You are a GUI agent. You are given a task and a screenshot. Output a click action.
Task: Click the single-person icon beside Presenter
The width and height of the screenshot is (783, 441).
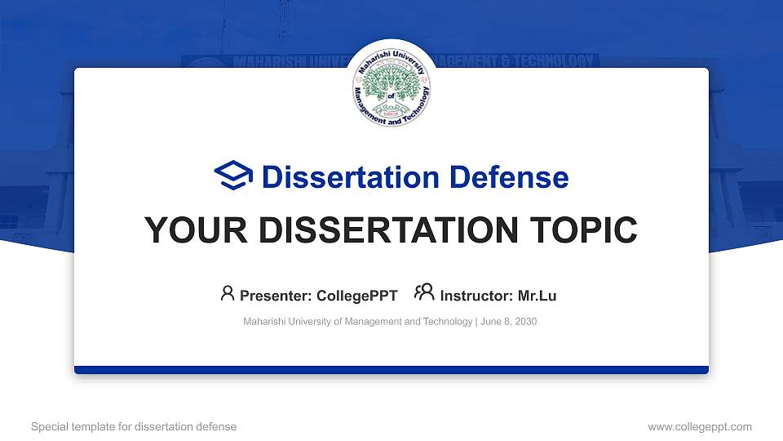[228, 292]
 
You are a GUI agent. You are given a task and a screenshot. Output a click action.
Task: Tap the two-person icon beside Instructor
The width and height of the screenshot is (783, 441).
[424, 292]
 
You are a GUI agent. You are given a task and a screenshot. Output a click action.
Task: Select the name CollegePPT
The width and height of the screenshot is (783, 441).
[356, 296]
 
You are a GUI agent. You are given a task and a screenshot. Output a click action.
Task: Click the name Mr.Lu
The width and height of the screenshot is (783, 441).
[537, 296]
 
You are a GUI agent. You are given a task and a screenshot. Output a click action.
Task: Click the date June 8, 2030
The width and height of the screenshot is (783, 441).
[509, 322]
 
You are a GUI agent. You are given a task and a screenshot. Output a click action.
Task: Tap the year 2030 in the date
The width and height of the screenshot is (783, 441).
[525, 322]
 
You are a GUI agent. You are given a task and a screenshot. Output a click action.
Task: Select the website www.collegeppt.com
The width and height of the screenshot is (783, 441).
[699, 426]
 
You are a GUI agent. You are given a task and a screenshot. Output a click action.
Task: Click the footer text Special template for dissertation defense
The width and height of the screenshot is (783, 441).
[134, 426]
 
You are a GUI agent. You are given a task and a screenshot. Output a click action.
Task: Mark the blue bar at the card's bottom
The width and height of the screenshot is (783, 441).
[391, 370]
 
